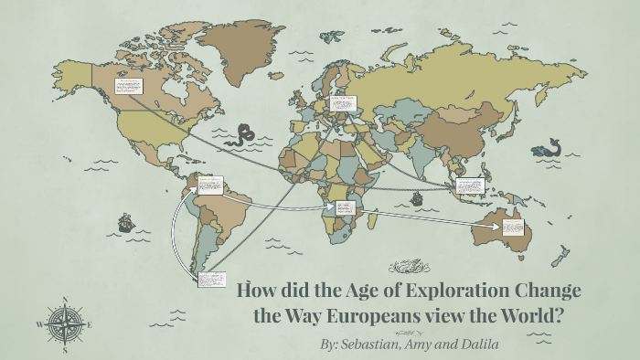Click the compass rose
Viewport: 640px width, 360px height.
click(64, 323)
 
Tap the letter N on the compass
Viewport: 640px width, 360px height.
click(64, 298)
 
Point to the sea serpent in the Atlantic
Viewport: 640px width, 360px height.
click(244, 135)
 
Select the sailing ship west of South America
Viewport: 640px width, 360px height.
click(124, 221)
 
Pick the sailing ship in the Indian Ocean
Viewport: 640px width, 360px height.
click(416, 196)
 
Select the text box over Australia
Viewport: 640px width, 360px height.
click(513, 225)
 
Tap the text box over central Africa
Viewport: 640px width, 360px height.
click(345, 212)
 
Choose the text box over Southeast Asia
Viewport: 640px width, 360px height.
click(469, 188)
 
